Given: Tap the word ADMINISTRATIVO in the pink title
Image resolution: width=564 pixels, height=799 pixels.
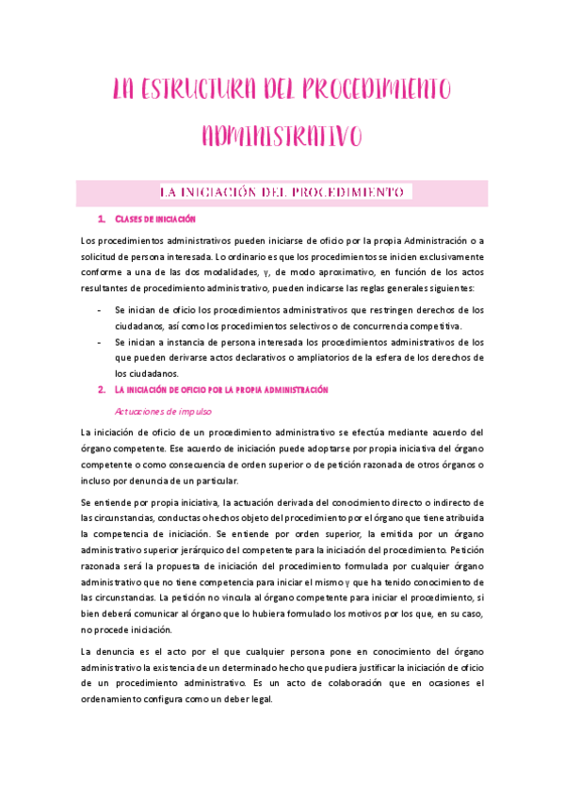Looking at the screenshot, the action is coord(282,136).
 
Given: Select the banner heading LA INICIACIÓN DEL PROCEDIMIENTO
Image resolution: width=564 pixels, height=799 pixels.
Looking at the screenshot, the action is coord(282,192).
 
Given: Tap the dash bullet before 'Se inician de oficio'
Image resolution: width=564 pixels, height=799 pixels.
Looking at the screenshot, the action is coord(100,309).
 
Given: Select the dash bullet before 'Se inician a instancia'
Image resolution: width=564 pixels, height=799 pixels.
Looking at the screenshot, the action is coord(100,342).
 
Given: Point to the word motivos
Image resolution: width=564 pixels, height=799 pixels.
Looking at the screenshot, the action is coord(330,614).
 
